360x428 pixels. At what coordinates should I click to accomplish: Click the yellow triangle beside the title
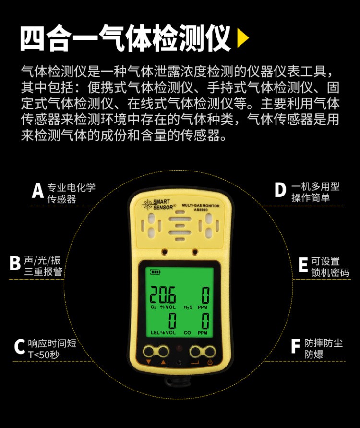pos(243,38)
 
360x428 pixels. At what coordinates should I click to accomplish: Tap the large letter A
pos(37,190)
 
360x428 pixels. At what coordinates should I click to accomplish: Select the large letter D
pos(280,190)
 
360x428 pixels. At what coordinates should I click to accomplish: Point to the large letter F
pos(296,346)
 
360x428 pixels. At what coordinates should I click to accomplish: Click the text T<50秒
pos(44,355)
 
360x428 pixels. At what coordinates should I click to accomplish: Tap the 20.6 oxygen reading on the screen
pos(163,295)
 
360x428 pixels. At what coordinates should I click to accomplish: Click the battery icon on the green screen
pos(156,272)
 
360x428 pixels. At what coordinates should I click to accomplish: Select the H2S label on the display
pos(188,307)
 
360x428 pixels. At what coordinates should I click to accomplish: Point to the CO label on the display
pos(187,333)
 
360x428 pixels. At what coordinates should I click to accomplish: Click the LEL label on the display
pos(155,333)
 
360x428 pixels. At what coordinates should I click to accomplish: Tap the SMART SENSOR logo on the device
pos(159,205)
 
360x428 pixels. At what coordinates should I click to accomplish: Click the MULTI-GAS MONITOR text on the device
pos(201,206)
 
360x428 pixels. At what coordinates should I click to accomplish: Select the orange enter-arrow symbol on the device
pos(195,363)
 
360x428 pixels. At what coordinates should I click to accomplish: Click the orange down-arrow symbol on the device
pos(148,362)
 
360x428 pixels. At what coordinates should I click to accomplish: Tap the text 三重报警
pos(43,271)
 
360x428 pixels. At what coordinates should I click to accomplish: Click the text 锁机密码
pos(330,272)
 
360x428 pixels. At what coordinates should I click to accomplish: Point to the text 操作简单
pos(311,197)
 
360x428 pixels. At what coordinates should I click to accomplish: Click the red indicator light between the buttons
pos(179,348)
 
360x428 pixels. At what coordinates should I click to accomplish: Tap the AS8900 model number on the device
pos(201,210)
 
